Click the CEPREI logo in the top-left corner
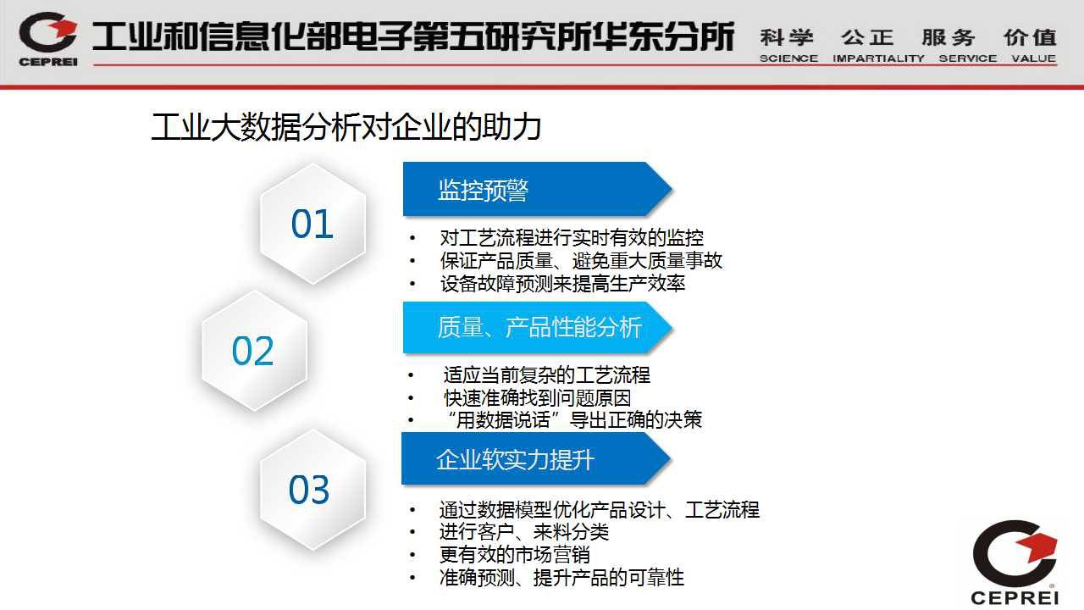(x=48, y=39)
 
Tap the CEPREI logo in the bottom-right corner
(x=1015, y=562)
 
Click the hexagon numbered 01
(x=312, y=224)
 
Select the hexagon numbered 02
(x=254, y=351)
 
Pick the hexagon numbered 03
(x=312, y=490)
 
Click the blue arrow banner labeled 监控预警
(x=537, y=189)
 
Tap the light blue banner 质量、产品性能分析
(x=537, y=327)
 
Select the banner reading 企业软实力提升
(x=536, y=459)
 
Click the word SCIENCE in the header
(x=788, y=58)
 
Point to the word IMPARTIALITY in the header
(x=878, y=58)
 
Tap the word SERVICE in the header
(x=968, y=58)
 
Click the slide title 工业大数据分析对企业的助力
(x=346, y=127)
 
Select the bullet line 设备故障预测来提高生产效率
(x=562, y=284)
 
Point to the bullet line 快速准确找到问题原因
(x=537, y=398)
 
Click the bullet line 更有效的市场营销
(x=514, y=555)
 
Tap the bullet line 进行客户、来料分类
(x=523, y=532)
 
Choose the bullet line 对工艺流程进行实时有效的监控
(x=572, y=238)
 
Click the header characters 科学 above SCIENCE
(x=787, y=37)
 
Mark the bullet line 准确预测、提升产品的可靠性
(x=561, y=578)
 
